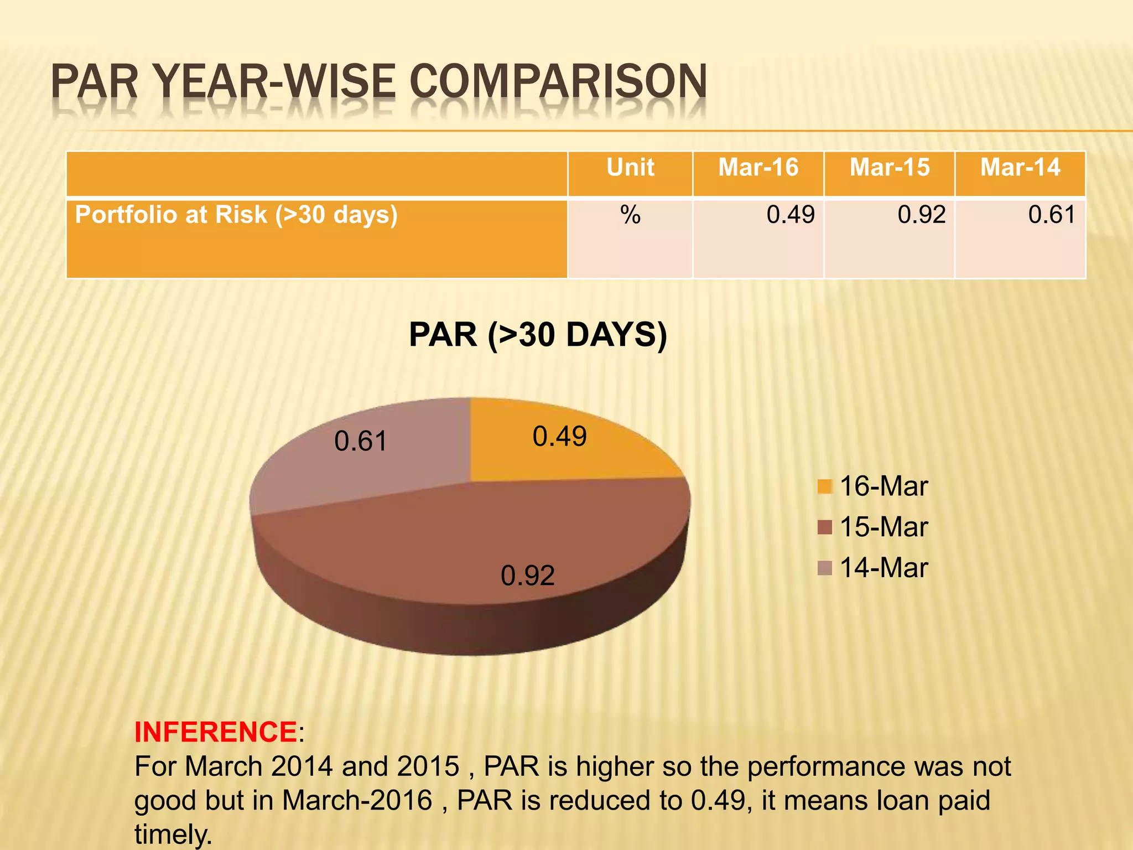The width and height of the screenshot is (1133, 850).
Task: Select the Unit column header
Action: point(630,168)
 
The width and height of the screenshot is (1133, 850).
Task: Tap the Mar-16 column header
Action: point(758,168)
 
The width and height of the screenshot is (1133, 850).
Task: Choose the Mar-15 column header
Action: point(890,168)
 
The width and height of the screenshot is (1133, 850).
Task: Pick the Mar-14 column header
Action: point(1020,168)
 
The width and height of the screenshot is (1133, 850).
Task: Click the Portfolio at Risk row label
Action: point(236,215)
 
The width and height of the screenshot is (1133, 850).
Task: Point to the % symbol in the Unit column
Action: point(630,215)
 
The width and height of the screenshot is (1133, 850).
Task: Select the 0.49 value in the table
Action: point(791,215)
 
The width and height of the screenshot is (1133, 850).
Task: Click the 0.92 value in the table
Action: point(922,215)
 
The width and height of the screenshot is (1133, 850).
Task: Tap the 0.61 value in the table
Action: point(1052,215)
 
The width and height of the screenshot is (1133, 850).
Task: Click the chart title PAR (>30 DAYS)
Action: point(538,335)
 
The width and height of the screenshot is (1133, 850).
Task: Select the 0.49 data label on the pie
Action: point(559,437)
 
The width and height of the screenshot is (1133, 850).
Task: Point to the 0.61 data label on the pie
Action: point(361,442)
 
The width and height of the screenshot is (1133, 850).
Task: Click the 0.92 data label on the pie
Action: point(528,576)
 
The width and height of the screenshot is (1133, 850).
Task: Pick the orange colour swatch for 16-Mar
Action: point(824,486)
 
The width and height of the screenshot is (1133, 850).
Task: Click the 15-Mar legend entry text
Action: point(883,527)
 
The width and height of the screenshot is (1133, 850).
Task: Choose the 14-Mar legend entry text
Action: point(883,568)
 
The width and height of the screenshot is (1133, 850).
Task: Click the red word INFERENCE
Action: point(216,732)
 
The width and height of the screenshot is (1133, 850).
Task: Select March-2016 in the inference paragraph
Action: point(357,801)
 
